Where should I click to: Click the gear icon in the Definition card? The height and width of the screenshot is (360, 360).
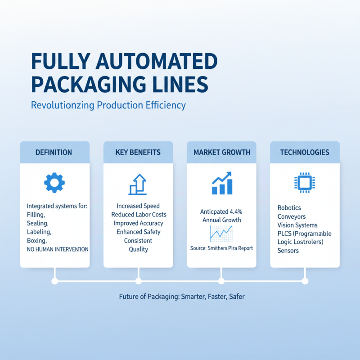pyautogui.click(x=54, y=182)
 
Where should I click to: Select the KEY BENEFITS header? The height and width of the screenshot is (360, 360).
pyautogui.click(x=138, y=153)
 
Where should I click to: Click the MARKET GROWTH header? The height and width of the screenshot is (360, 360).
pyautogui.click(x=221, y=153)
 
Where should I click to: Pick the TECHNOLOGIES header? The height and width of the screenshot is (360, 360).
pyautogui.click(x=304, y=153)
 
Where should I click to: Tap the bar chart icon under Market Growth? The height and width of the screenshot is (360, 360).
pyautogui.click(x=221, y=183)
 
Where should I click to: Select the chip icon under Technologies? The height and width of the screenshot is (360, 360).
pyautogui.click(x=304, y=182)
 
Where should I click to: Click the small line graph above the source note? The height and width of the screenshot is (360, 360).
pyautogui.click(x=221, y=234)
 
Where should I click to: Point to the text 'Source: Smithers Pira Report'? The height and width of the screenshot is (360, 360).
pyautogui.click(x=221, y=248)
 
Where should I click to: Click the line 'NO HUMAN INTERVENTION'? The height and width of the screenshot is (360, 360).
pyautogui.click(x=58, y=249)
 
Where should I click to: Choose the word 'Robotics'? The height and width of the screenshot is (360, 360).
pyautogui.click(x=289, y=208)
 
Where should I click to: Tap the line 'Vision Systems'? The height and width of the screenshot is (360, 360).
pyautogui.click(x=297, y=225)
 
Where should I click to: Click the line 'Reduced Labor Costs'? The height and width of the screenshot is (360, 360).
pyautogui.click(x=138, y=215)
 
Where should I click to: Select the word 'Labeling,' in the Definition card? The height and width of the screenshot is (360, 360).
pyautogui.click(x=39, y=232)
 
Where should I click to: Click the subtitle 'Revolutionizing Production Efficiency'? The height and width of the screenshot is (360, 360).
pyautogui.click(x=108, y=105)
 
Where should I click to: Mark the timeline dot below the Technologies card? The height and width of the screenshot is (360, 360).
pyautogui.click(x=305, y=281)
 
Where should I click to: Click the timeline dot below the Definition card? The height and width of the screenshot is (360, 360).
pyautogui.click(x=54, y=281)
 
